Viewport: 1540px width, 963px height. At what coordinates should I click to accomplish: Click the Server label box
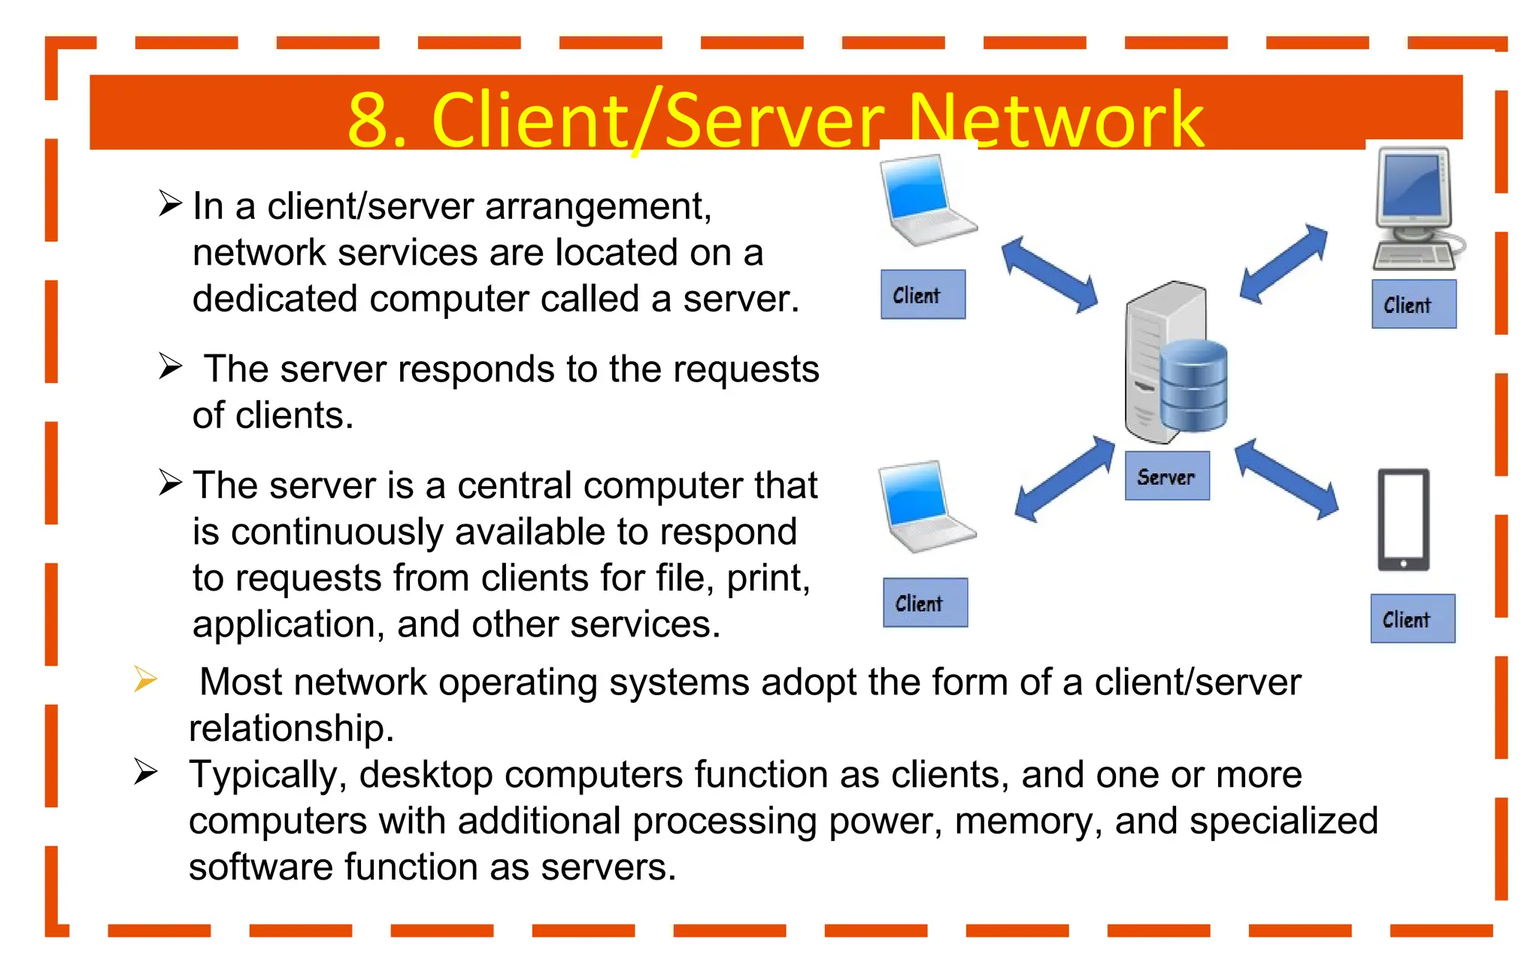(x=1167, y=475)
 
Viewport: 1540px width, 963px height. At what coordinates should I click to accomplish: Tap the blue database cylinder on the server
(x=1193, y=385)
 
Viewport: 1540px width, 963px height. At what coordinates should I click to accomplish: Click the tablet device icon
(x=1403, y=520)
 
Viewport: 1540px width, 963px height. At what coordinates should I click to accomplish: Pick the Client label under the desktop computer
(x=1414, y=304)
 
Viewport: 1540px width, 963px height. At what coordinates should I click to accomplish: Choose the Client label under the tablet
(x=1412, y=618)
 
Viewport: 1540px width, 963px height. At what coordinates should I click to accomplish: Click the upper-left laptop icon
(x=926, y=200)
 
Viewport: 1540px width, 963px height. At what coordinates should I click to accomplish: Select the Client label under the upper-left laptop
(x=923, y=294)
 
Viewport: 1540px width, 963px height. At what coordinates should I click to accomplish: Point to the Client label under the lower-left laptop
(x=925, y=603)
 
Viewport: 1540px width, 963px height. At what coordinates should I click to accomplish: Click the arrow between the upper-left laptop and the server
(x=1050, y=275)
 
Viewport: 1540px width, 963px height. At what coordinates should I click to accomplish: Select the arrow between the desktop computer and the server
(x=1284, y=263)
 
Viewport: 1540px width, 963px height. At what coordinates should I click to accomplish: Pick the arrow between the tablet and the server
(x=1287, y=479)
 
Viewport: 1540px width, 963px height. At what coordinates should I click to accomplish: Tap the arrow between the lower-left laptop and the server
(x=1064, y=479)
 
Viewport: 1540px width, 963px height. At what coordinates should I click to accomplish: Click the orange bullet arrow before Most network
(x=145, y=679)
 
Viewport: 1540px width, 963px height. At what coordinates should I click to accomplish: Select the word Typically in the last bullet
(x=267, y=774)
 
